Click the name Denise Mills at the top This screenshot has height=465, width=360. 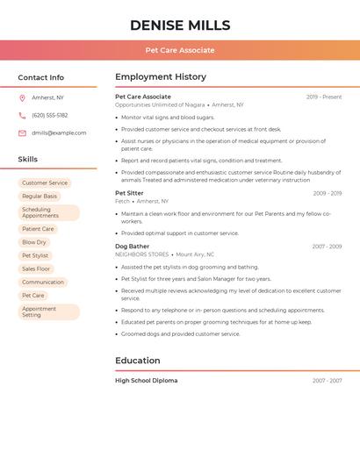pyautogui.click(x=180, y=25)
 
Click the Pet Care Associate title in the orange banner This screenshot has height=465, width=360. pyautogui.click(x=180, y=50)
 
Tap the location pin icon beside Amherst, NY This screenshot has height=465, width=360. pyautogui.click(x=22, y=97)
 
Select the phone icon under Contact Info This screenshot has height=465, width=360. pyautogui.click(x=22, y=115)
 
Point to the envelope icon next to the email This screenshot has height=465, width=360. pyautogui.click(x=22, y=132)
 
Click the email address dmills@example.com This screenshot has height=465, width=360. pyautogui.click(x=59, y=132)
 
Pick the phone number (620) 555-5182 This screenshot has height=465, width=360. pyautogui.click(x=49, y=115)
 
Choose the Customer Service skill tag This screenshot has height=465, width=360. pyautogui.click(x=45, y=183)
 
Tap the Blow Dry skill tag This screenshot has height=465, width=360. pyautogui.click(x=34, y=242)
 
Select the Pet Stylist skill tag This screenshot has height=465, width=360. pyautogui.click(x=35, y=255)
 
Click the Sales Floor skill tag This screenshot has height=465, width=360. pyautogui.click(x=36, y=268)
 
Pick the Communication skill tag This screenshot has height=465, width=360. pyautogui.click(x=43, y=282)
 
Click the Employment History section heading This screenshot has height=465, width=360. pyautogui.click(x=161, y=77)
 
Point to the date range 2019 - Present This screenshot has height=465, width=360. pyautogui.click(x=324, y=97)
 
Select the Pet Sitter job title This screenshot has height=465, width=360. pyautogui.click(x=129, y=193)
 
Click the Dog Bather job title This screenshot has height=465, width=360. pyautogui.click(x=132, y=247)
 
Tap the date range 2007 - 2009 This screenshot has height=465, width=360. pyautogui.click(x=327, y=247)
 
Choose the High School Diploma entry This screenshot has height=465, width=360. pyautogui.click(x=146, y=381)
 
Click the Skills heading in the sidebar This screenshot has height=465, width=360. pyautogui.click(x=28, y=160)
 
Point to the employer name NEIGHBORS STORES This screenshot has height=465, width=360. pyautogui.click(x=141, y=254)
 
